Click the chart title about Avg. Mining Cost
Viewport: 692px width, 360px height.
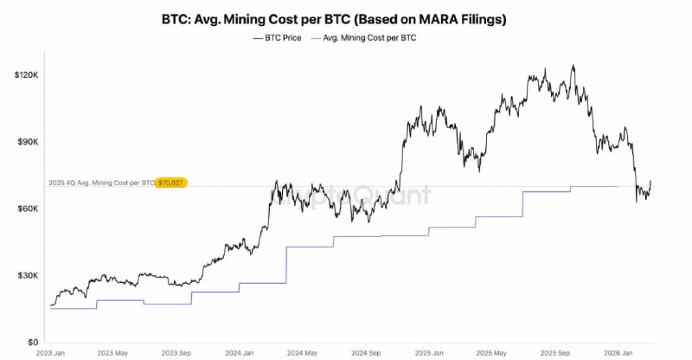coord(345,18)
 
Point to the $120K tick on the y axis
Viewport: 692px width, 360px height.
coord(27,75)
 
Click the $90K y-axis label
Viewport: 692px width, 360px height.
coord(29,142)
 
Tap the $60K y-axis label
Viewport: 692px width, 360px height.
coord(29,209)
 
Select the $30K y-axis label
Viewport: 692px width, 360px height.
coord(29,275)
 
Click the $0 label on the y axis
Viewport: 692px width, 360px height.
coord(33,342)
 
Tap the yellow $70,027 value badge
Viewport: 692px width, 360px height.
coord(171,183)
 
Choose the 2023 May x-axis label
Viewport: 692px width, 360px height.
coord(113,353)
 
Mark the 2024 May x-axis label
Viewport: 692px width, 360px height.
coord(299,353)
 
